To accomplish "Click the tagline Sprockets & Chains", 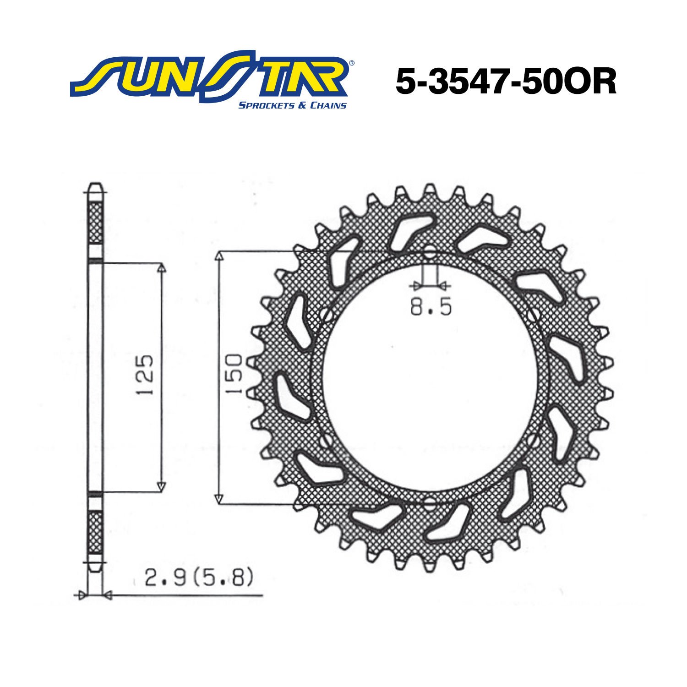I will (292, 106).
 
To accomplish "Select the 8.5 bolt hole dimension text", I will (431, 307).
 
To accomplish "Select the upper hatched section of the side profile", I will (95, 223).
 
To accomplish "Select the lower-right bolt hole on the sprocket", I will (532, 442).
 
